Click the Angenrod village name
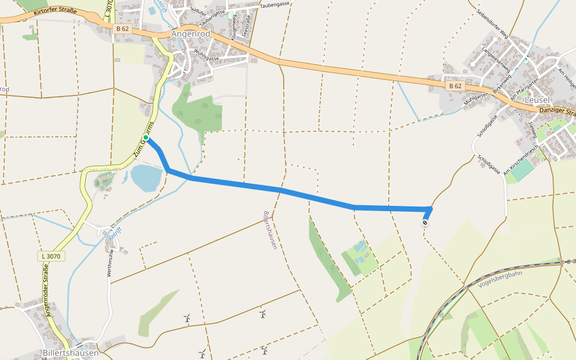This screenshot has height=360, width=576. pyautogui.click(x=191, y=34)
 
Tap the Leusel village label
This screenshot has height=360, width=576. pyautogui.click(x=538, y=100)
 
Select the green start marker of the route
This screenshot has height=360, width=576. pyautogui.click(x=146, y=138)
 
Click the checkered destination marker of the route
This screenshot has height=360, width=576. pyautogui.click(x=425, y=223)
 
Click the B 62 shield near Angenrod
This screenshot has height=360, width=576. pyautogui.click(x=122, y=29)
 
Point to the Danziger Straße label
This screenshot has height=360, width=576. pyautogui.click(x=557, y=112)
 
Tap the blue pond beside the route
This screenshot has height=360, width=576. pyautogui.click(x=146, y=178)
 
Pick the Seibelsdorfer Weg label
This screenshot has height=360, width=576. pyautogui.click(x=491, y=23)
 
